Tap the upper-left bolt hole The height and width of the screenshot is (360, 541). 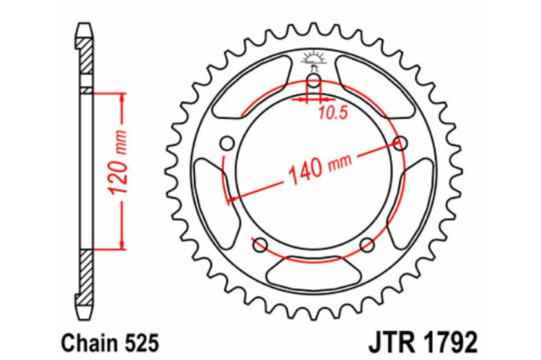pos(227,142)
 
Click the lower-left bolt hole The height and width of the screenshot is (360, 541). pos(259,245)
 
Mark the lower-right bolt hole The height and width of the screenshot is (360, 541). pos(368,244)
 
